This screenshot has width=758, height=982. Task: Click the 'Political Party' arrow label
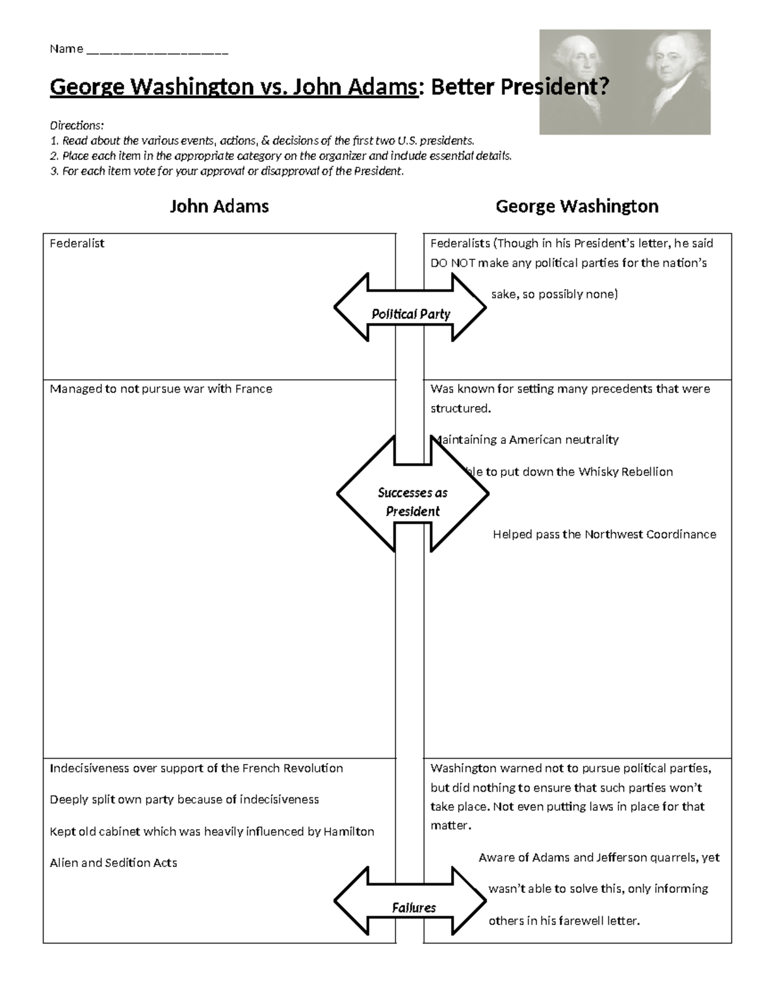pyautogui.click(x=411, y=314)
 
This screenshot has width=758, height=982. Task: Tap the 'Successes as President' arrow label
pyautogui.click(x=412, y=501)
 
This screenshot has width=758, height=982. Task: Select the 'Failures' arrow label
pyautogui.click(x=414, y=907)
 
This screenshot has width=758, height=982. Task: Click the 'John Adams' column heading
pyautogui.click(x=219, y=206)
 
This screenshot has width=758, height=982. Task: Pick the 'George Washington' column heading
pyautogui.click(x=577, y=206)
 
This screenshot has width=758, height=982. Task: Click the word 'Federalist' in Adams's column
pyautogui.click(x=77, y=243)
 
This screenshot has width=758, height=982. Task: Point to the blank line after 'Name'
pyautogui.click(x=157, y=50)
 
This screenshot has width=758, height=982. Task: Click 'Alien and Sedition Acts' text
pyautogui.click(x=113, y=862)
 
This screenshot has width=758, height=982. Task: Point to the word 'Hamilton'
pyautogui.click(x=349, y=832)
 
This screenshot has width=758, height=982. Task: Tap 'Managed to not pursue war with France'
pyautogui.click(x=161, y=389)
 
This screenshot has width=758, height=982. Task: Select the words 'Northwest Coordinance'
pyautogui.click(x=650, y=534)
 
